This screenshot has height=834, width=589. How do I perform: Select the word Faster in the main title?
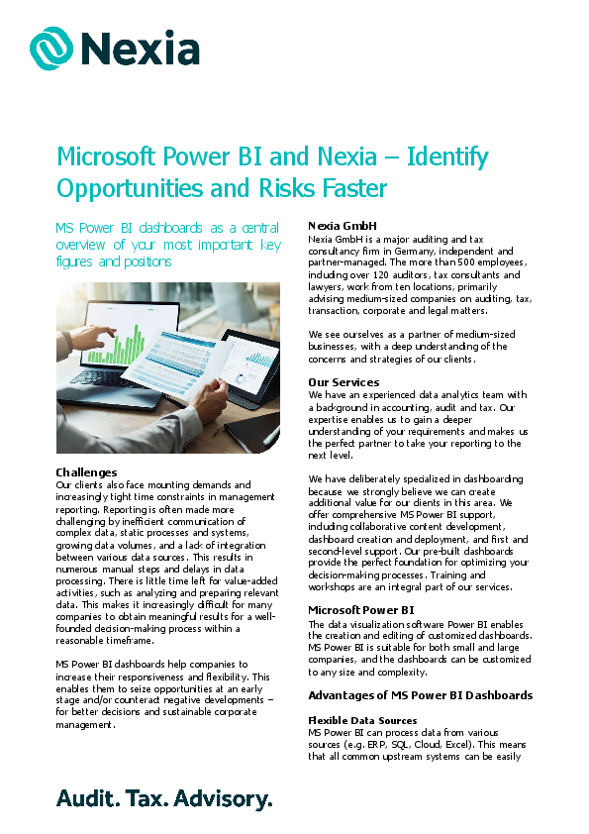point(351,188)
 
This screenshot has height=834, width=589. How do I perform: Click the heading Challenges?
point(86,472)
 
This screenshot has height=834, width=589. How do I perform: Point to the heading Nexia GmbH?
point(342,226)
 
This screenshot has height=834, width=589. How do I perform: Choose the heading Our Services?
point(344,382)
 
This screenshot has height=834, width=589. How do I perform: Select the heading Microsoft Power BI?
point(360,610)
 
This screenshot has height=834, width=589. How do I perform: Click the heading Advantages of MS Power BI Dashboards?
point(420,695)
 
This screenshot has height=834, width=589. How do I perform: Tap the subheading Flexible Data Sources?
point(362,720)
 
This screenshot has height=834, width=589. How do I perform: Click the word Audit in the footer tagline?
point(85,798)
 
